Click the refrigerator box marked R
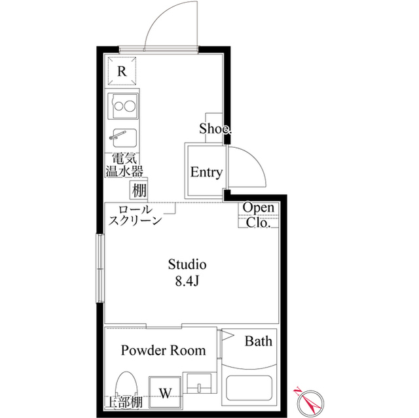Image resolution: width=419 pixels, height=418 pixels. pyautogui.click(x=122, y=71)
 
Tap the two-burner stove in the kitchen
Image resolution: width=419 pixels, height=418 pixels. pyautogui.click(x=123, y=105)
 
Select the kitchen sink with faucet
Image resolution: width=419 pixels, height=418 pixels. pyautogui.click(x=123, y=137)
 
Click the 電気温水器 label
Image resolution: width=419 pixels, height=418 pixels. pyautogui.click(x=124, y=165)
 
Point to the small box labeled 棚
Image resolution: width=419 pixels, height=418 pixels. pyautogui.click(x=138, y=190)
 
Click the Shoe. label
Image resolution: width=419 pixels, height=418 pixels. pyautogui.click(x=215, y=129)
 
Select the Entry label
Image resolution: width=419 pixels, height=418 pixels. pyautogui.click(x=206, y=173)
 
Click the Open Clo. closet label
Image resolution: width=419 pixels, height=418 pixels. pyautogui.click(x=259, y=215)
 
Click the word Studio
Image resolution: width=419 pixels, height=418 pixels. pyautogui.click(x=187, y=265)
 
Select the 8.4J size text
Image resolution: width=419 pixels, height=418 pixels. pyautogui.click(x=187, y=282)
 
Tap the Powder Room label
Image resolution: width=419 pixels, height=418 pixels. pyautogui.click(x=163, y=351)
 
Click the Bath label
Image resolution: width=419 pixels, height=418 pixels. pyautogui.click(x=259, y=341)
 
